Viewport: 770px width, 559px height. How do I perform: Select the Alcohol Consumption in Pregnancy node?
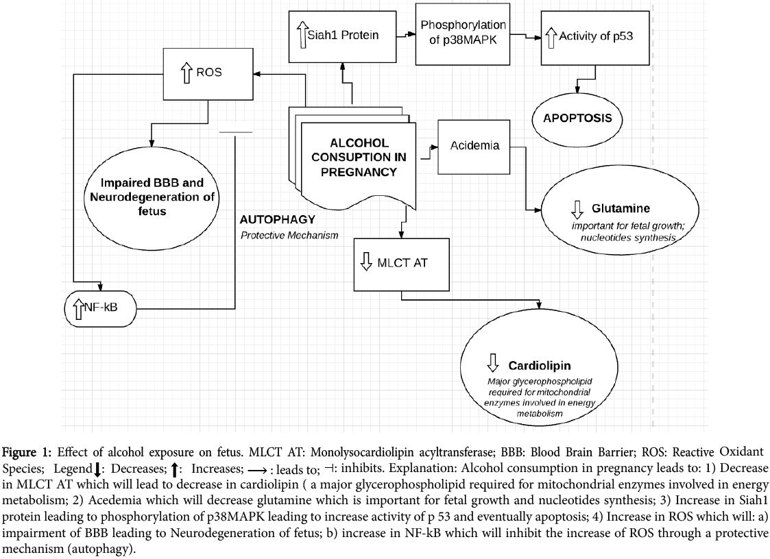(x=359, y=158)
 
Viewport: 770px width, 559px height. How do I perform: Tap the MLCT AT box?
(x=401, y=264)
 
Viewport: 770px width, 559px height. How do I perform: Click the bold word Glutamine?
(x=621, y=208)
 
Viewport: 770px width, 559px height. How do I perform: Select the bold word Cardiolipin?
(x=539, y=365)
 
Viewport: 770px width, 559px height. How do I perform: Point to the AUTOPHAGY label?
(x=277, y=220)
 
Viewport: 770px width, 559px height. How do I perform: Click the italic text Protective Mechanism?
(x=289, y=235)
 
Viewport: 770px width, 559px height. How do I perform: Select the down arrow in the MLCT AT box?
(x=365, y=261)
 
